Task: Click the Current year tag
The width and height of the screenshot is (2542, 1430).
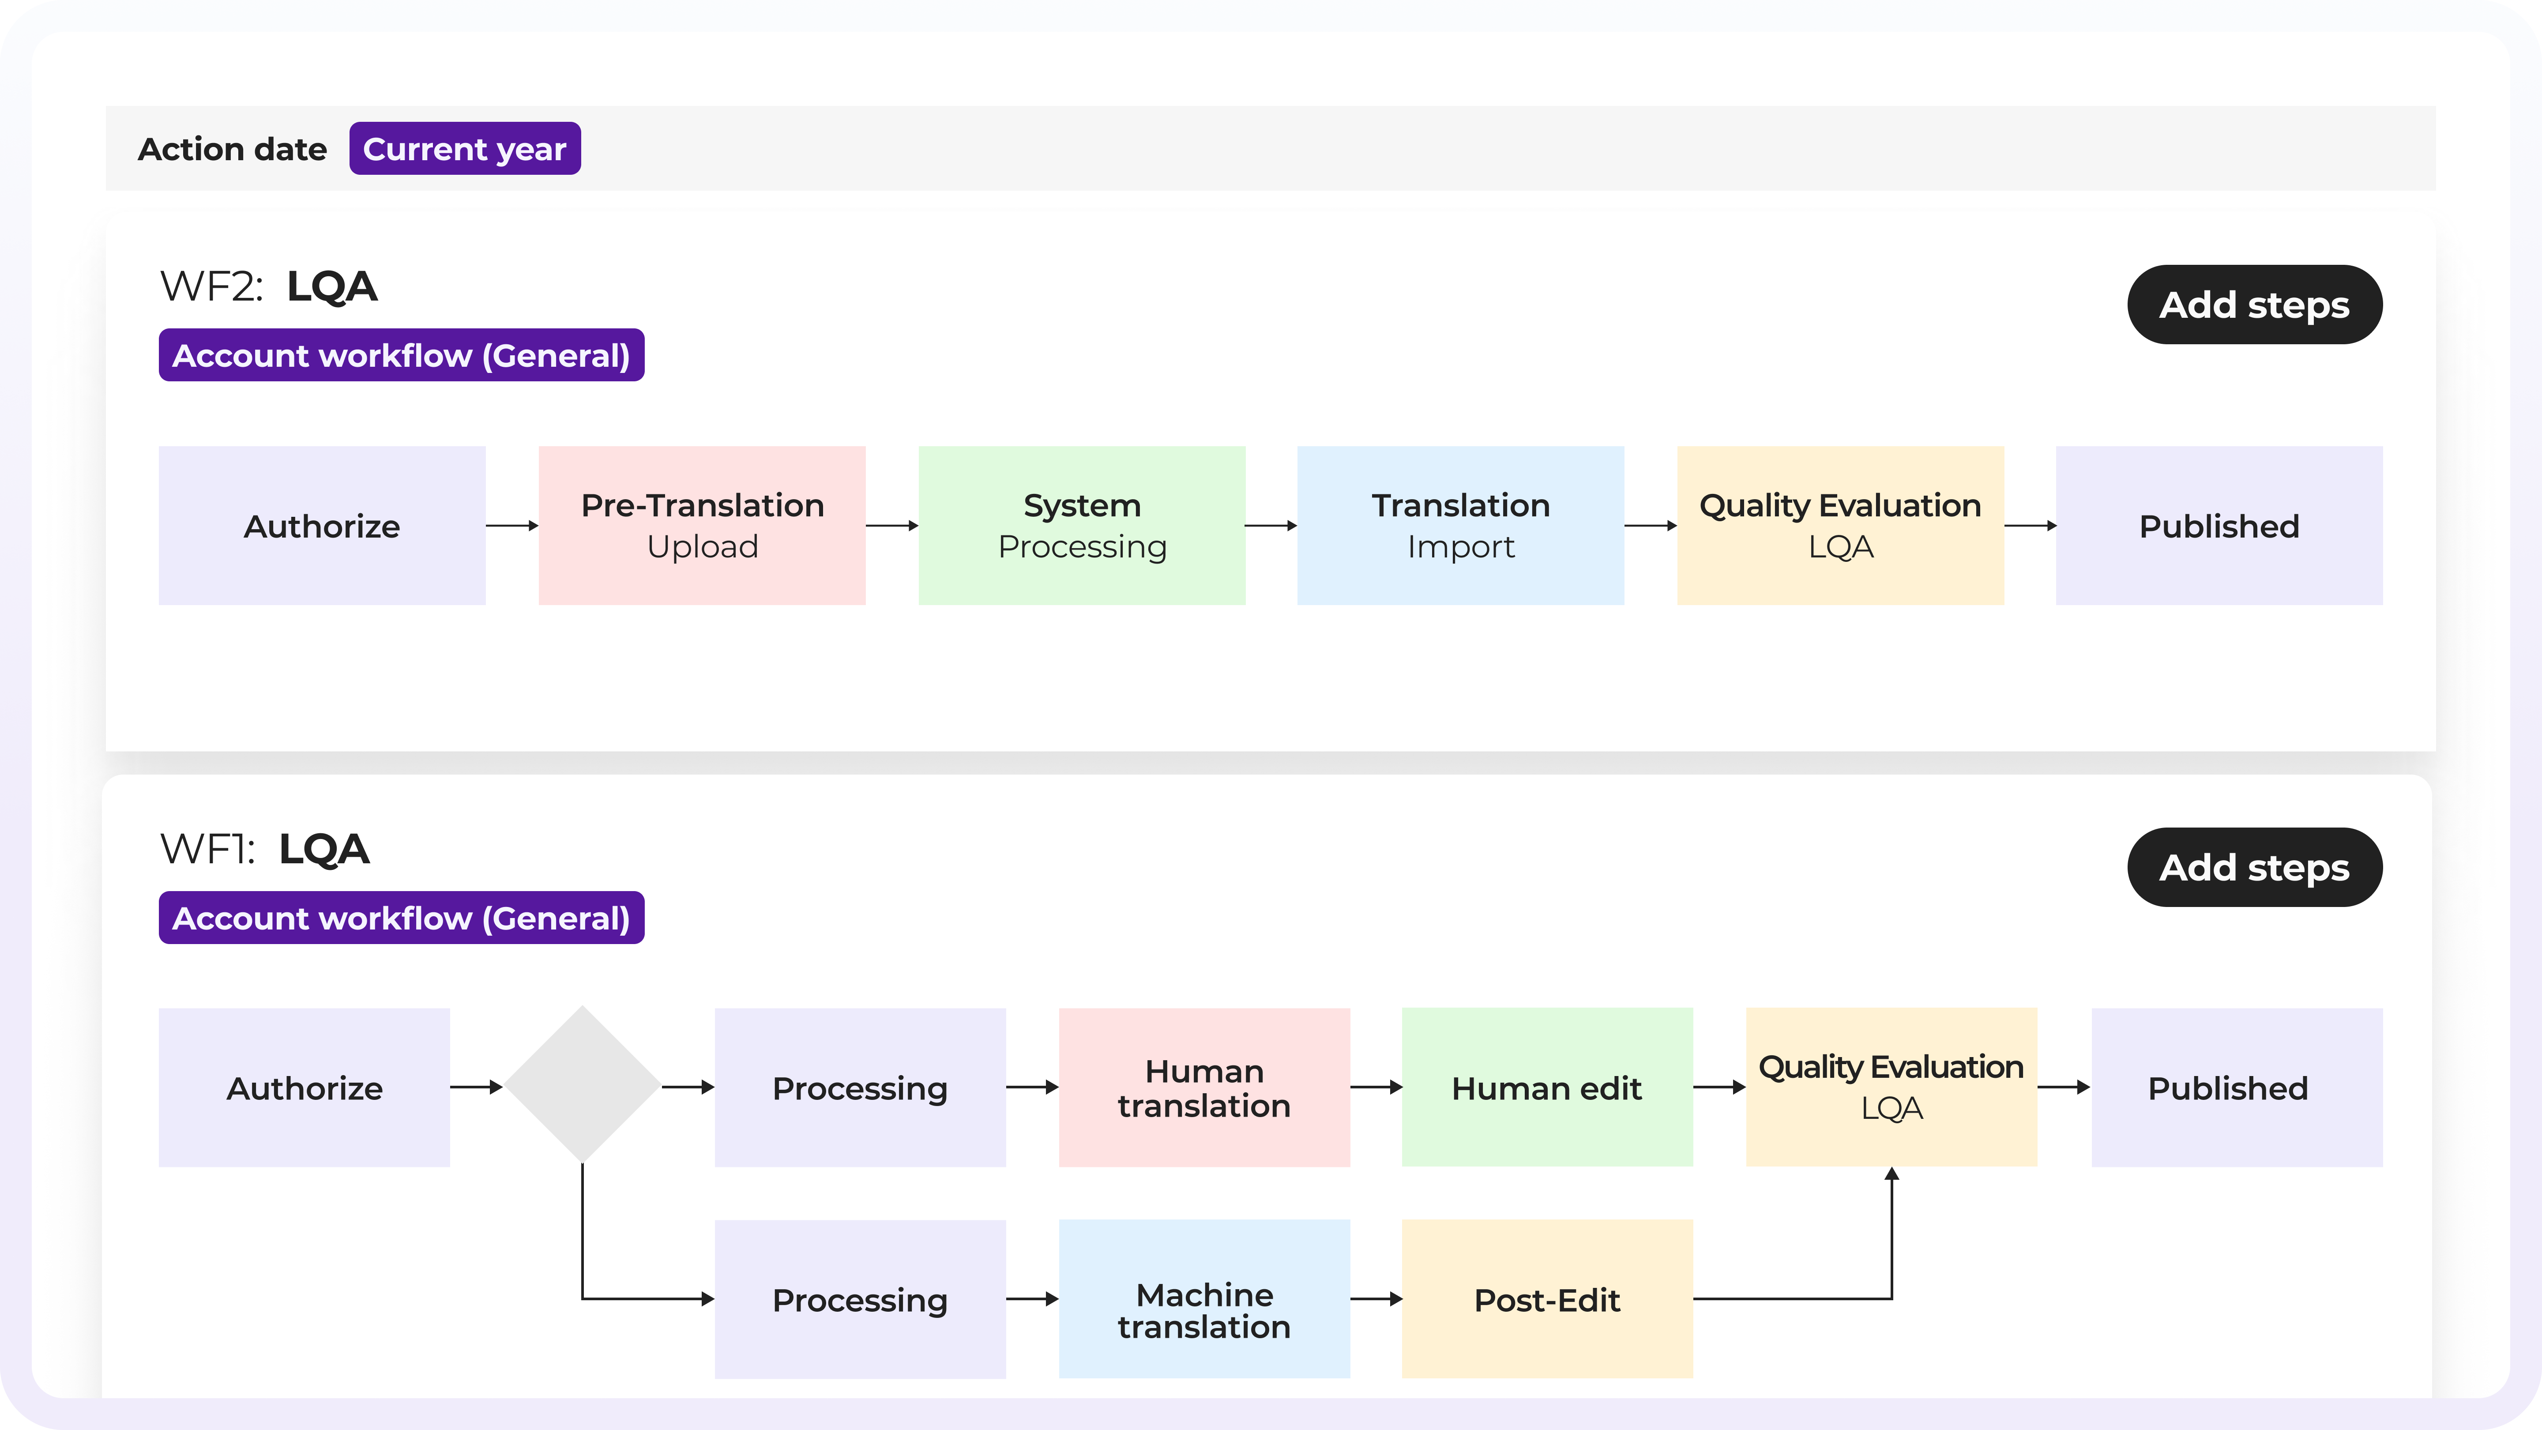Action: tap(465, 149)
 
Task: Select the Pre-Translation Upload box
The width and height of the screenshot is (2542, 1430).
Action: tap(702, 526)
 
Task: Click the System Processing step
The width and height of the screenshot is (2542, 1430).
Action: tap(1082, 526)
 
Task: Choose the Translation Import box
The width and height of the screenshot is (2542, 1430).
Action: tap(1460, 526)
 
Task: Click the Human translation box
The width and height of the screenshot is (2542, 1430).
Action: tap(1204, 1088)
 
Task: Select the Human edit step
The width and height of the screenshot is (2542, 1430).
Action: tap(1546, 1088)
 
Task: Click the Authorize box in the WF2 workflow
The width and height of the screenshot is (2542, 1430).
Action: tap(322, 526)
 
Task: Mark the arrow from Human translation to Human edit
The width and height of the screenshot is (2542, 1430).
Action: tap(1376, 1088)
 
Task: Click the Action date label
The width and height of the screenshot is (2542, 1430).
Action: tap(232, 149)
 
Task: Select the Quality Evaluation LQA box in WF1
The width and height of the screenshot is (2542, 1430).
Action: tap(1891, 1088)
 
